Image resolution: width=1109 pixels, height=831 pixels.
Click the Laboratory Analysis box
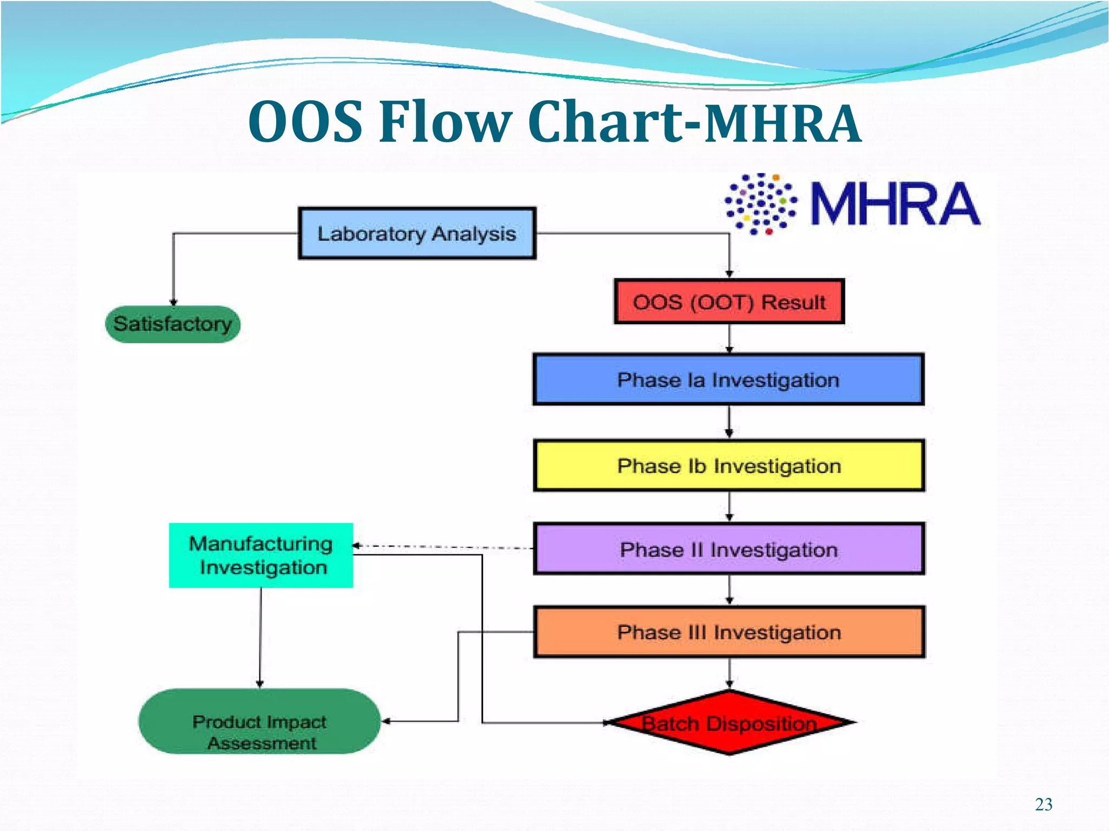point(416,233)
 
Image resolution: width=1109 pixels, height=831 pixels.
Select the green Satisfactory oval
point(172,324)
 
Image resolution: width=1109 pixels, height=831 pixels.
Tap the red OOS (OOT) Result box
point(729,302)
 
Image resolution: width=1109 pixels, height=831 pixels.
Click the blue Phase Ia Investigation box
point(728,379)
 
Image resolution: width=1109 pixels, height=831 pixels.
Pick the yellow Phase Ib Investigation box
point(729,466)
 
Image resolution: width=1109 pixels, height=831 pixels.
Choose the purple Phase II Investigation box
point(729,549)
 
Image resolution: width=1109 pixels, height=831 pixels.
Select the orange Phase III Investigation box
point(729,632)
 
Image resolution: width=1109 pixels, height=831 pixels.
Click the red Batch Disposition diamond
point(729,723)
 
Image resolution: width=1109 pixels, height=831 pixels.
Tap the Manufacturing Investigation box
point(260,555)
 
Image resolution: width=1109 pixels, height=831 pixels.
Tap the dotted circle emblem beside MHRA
point(761,204)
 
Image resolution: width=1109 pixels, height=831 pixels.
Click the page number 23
point(1043,804)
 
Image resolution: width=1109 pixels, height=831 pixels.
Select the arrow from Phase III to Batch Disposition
point(729,673)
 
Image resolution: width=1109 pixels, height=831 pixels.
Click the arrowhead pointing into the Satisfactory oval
point(173,302)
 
